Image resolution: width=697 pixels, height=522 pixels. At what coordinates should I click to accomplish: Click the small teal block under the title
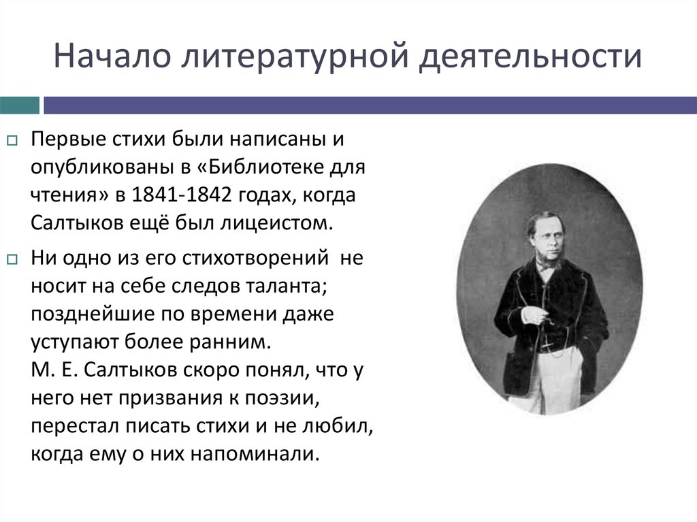[x=20, y=105]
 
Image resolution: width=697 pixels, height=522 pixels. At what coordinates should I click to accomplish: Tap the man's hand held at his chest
[x=535, y=314]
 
